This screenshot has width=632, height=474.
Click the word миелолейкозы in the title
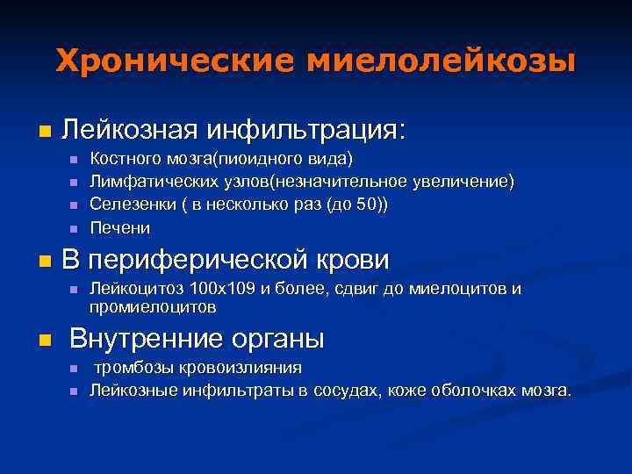439,61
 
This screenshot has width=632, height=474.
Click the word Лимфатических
140,182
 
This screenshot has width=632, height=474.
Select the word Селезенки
126,205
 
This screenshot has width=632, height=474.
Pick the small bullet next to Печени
74,228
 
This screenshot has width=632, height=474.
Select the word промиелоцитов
153,308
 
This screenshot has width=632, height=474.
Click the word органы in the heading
282,339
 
